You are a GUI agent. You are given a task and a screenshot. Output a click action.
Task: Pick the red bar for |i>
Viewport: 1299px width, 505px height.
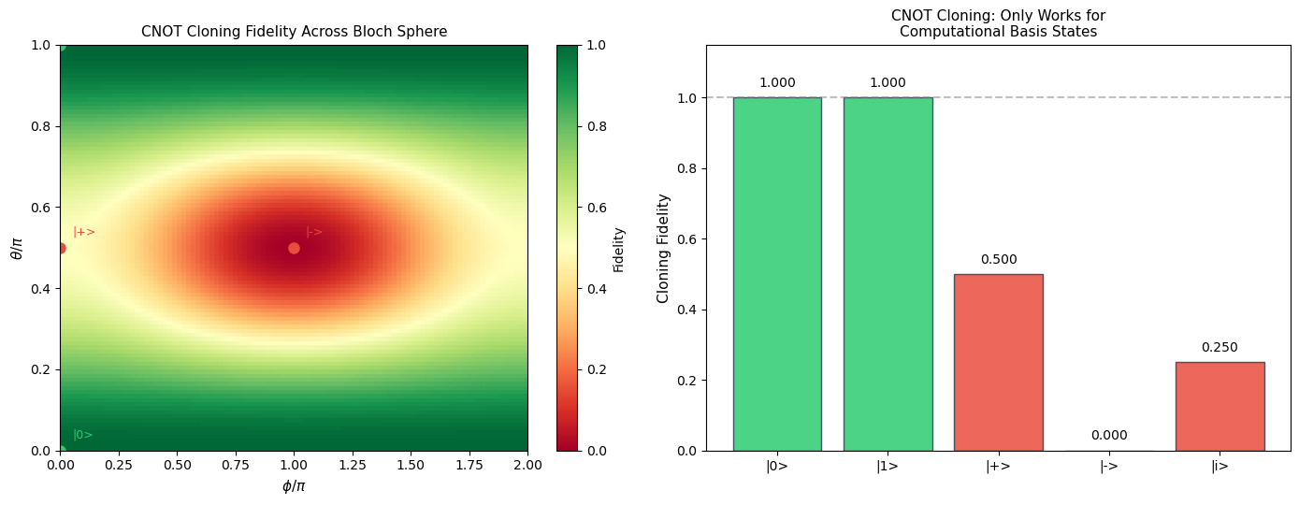point(1220,407)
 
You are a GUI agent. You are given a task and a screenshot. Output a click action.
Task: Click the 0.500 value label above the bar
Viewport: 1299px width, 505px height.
point(999,260)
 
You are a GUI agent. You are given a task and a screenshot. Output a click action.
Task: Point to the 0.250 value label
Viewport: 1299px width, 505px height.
point(1220,348)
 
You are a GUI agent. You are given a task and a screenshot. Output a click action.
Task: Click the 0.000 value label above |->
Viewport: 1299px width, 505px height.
point(1109,436)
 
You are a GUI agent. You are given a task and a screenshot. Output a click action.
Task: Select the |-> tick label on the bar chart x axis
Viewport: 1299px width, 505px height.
point(1109,467)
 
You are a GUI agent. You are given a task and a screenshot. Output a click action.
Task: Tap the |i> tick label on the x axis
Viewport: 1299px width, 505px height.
point(1220,467)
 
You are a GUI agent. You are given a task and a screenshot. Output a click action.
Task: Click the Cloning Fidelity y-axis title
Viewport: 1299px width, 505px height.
point(663,248)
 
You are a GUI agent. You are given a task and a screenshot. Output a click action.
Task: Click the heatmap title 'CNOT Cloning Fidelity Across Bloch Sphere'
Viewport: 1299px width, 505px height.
point(294,32)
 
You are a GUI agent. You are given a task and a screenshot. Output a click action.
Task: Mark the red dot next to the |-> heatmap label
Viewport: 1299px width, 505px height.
point(294,248)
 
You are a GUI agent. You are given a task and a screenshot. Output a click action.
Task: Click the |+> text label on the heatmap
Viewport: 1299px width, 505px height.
point(84,232)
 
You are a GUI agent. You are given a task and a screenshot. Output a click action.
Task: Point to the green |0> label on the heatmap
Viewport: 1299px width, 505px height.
point(83,435)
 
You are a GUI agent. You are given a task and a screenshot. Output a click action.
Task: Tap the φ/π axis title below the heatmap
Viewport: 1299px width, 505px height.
point(294,486)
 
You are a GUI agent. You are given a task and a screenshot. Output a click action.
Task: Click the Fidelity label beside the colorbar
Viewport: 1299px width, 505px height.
point(619,249)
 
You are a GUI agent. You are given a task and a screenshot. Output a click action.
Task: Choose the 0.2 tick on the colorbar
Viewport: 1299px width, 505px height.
point(595,369)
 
